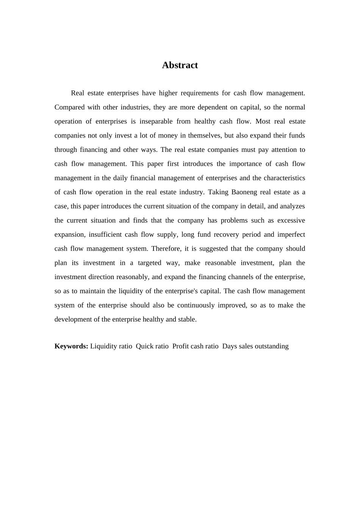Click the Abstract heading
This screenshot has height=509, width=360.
[x=180, y=65]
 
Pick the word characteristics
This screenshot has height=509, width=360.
[x=284, y=178]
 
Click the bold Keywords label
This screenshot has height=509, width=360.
[x=71, y=346]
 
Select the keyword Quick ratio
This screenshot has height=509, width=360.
[x=152, y=346]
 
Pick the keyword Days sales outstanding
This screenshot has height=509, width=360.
[x=255, y=346]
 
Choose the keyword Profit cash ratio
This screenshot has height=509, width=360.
[x=195, y=346]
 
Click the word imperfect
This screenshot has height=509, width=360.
[x=291, y=234]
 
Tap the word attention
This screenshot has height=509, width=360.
[x=284, y=150]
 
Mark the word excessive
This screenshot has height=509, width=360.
[x=291, y=220]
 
